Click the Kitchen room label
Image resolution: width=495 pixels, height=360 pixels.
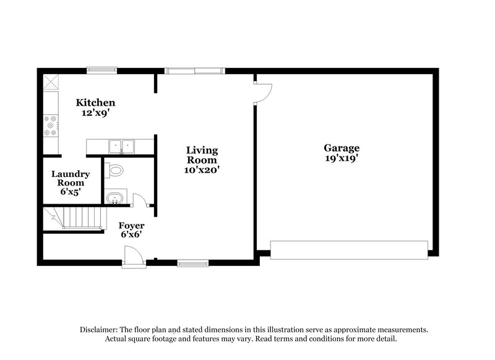95,102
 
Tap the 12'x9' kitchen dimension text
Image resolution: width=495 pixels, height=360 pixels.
95,113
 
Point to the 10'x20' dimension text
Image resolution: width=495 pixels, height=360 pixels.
202,169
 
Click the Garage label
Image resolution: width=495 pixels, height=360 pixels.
341,148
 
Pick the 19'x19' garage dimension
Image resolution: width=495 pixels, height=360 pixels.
341,158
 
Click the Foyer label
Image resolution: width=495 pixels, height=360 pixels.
132,226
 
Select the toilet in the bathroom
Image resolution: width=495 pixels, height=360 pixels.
114,169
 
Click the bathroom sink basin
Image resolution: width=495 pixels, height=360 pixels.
114,199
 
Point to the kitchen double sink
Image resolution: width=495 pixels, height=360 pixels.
122,147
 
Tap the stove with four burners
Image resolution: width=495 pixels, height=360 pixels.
50,126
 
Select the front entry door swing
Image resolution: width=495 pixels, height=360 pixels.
132,255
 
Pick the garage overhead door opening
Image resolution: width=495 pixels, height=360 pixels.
348,251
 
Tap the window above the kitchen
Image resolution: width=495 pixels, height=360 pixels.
101,70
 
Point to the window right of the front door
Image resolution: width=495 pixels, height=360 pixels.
189,264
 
